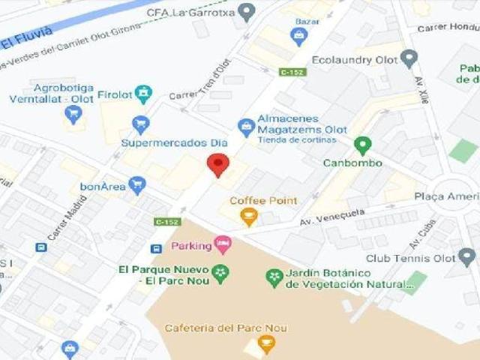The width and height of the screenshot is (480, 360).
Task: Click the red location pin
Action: (x=218, y=164)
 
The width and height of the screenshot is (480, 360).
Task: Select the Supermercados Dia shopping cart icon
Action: (x=140, y=124)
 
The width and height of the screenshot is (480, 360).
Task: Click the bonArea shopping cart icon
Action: (x=136, y=184)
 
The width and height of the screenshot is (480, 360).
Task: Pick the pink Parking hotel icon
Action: (x=222, y=244)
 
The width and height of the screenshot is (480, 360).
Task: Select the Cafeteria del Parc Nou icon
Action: (x=266, y=344)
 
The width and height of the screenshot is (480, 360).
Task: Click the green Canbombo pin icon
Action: (x=363, y=145)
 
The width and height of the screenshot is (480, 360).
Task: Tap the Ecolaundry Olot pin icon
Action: (x=409, y=58)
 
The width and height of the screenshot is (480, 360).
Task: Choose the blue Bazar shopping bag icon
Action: (x=299, y=34)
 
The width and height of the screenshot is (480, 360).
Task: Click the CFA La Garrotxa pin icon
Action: (x=247, y=12)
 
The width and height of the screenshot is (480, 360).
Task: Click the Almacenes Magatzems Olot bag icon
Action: (x=245, y=128)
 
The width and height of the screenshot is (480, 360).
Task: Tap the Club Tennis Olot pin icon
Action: (x=468, y=258)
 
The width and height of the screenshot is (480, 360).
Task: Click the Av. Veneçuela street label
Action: (x=332, y=217)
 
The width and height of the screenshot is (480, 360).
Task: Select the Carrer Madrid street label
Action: (x=67, y=217)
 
